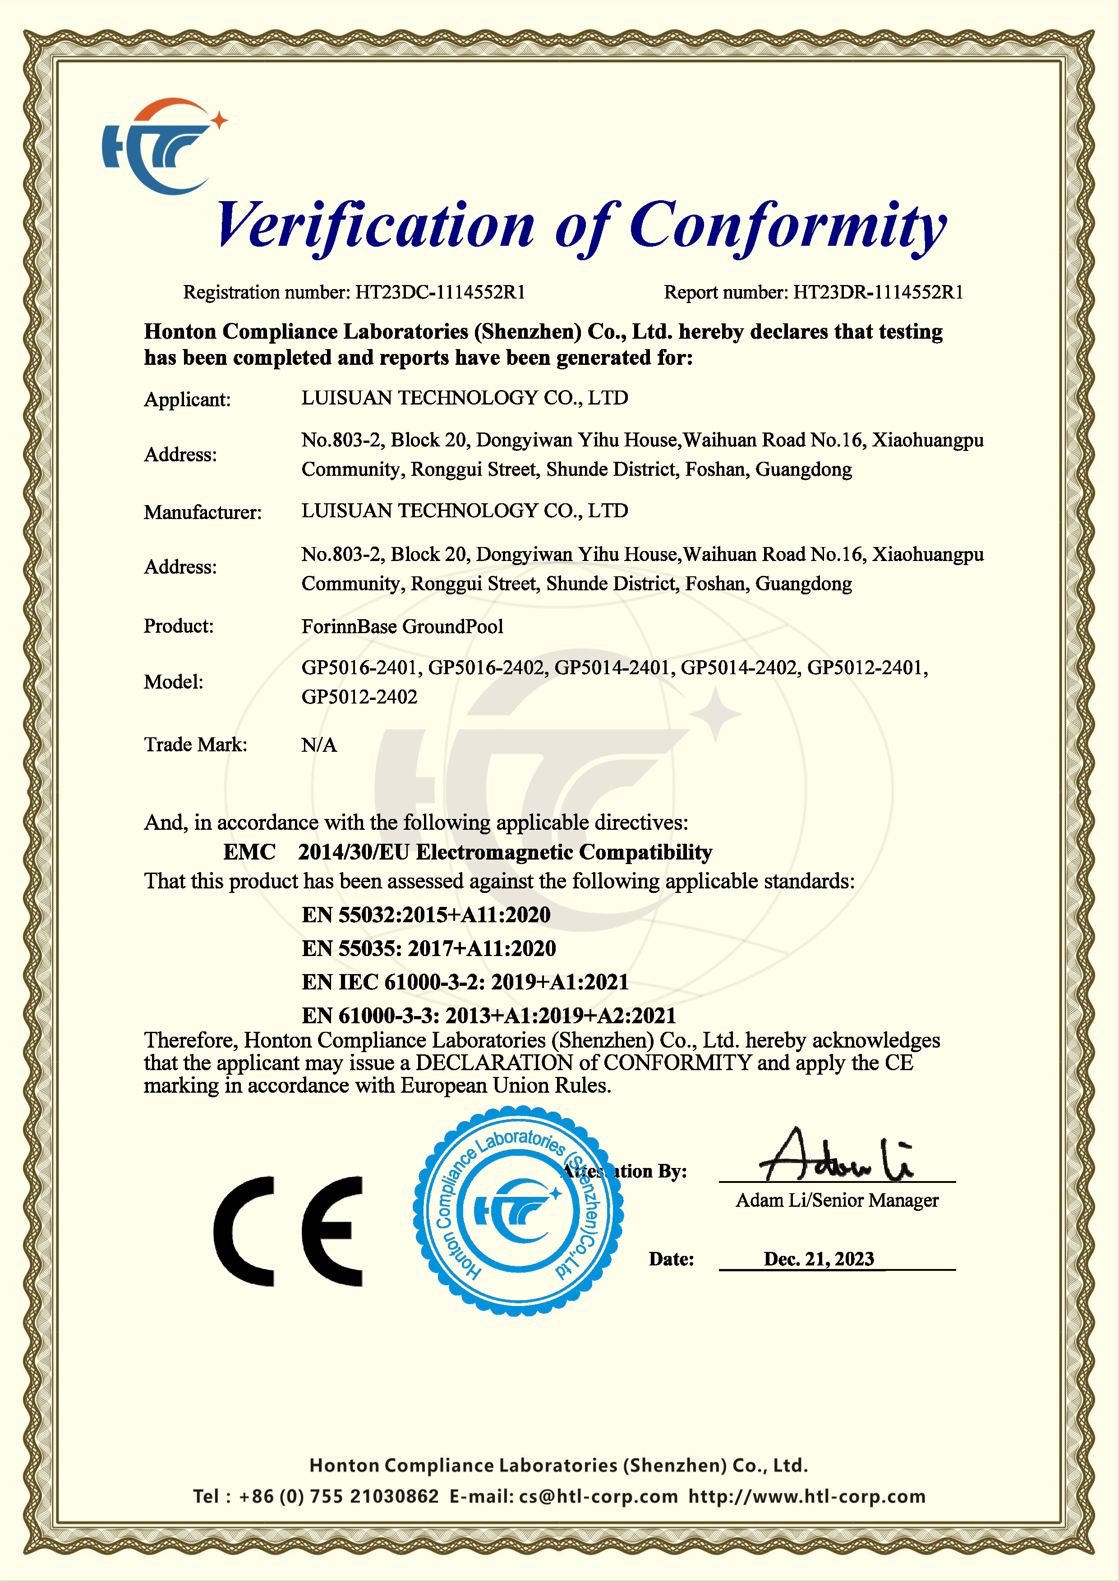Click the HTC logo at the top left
coord(162,146)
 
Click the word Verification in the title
coord(376,226)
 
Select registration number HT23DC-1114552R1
coord(440,292)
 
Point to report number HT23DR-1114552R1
coord(878,292)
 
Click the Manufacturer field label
coord(203,512)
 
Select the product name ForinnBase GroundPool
coord(402,626)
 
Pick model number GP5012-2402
coord(359,697)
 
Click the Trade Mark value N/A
coord(319,745)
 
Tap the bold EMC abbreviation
coord(249,852)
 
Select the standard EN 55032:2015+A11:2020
coord(426,915)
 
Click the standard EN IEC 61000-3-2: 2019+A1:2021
coord(465,982)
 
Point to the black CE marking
coord(288,1231)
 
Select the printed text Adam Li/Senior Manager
coord(837,1200)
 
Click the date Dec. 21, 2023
coord(819,1259)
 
